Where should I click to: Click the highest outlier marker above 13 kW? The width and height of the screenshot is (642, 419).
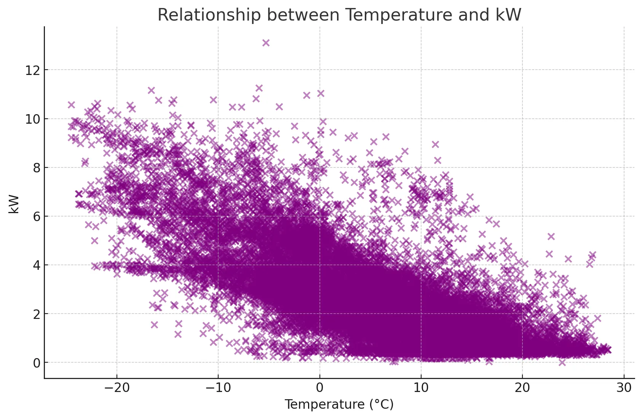pos(266,43)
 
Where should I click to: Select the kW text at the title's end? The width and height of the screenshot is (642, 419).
pos(508,15)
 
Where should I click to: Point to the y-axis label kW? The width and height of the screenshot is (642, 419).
pos(14,204)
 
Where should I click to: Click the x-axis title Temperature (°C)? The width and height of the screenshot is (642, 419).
pos(339,405)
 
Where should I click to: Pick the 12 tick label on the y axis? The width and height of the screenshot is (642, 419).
pos(32,70)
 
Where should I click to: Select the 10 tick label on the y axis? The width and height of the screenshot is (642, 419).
pos(32,119)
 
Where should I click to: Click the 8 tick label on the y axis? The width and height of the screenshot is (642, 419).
pos(37,167)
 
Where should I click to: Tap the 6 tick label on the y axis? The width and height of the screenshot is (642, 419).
pos(37,216)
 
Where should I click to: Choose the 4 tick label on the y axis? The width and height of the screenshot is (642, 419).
pos(37,265)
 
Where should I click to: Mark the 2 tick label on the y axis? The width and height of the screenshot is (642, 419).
pos(37,314)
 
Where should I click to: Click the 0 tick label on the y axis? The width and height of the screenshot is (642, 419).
pos(37,363)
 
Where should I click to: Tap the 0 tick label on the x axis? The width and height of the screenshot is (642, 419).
pos(319,388)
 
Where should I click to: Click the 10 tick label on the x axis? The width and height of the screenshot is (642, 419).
pos(421,388)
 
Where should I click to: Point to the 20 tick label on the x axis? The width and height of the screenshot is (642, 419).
pos(522,388)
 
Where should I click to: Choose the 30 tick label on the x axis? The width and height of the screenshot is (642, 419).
pos(624,388)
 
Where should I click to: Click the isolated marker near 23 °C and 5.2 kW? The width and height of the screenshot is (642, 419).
pos(551,236)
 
